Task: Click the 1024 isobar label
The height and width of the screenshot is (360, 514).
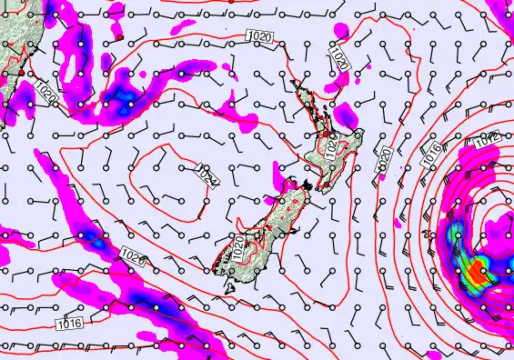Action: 208,175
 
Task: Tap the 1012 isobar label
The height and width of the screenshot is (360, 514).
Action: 487,138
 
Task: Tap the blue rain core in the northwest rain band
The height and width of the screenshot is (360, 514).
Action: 123,98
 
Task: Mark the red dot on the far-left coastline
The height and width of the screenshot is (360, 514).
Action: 20,72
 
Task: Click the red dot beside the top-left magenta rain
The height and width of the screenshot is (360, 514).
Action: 119,39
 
